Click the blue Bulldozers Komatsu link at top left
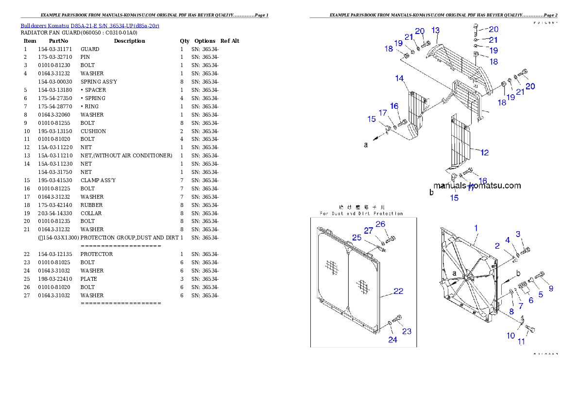pos(90,25)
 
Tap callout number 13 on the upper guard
pos(435,31)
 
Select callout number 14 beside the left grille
pos(399,78)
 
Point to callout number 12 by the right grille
pos(484,153)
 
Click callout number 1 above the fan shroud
pos(476,228)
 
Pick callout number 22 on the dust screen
pos(398,291)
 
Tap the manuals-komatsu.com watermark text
pos(476,186)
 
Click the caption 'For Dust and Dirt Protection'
pos(361,213)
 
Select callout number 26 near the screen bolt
pos(380,224)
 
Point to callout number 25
pos(357,238)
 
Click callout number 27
pos(369,231)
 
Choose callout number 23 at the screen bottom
pos(407,331)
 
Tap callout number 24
pos(392,340)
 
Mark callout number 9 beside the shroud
pos(550,289)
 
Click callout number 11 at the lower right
pos(521,341)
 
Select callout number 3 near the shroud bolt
pos(518,234)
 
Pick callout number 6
pos(531,300)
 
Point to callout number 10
pos(511,336)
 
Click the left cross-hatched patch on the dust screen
pos(332,266)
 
